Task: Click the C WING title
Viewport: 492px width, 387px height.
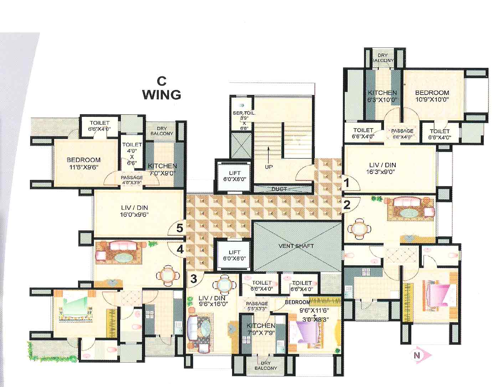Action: [162, 89]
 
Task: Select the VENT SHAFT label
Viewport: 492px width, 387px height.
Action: [296, 246]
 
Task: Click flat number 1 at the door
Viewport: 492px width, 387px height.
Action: [345, 183]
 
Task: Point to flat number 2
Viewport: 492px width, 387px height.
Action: [347, 205]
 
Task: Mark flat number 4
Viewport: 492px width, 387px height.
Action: [180, 250]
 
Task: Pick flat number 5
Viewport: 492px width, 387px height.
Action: [180, 228]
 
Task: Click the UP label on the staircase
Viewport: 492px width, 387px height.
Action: [268, 167]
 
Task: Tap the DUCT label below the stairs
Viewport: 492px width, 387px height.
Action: [279, 189]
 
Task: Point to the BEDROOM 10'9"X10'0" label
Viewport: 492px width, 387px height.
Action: [432, 96]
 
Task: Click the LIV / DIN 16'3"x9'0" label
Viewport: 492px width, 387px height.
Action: [383, 168]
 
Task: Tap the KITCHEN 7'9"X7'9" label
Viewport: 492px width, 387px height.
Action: [261, 329]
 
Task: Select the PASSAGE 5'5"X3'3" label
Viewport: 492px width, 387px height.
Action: [257, 306]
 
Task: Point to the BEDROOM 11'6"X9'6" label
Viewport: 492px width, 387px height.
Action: [83, 163]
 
